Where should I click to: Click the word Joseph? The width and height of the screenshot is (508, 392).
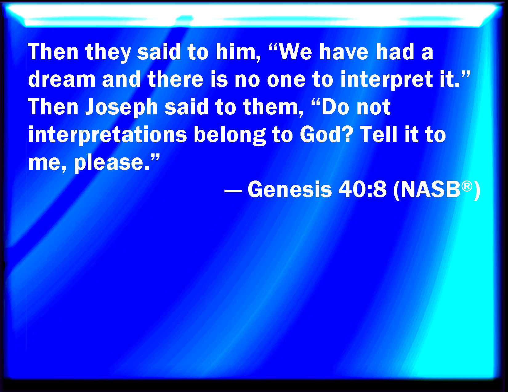[x=122, y=108]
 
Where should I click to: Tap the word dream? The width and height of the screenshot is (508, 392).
[x=62, y=79]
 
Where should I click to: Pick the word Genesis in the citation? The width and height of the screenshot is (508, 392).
[x=290, y=189]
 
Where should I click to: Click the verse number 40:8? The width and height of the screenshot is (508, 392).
[x=362, y=189]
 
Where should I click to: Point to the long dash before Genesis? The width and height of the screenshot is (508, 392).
[x=233, y=191]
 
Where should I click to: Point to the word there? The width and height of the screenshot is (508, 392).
[x=175, y=79]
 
